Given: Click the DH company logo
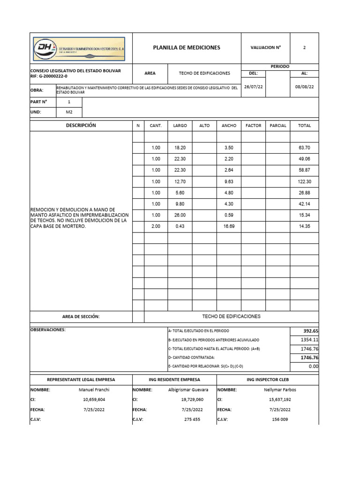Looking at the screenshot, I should pos(79,48).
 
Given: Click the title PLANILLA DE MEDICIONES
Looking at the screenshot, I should pos(187,48).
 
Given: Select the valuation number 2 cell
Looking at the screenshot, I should pos(305,48).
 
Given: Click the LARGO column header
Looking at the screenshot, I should pos(180,126).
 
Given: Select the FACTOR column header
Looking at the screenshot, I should pos(254,126).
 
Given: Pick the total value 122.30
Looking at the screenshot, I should pos(304,181).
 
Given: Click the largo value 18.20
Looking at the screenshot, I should pos(180,148).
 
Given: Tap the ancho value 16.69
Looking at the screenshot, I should pos(229,226).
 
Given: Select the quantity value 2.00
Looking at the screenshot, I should pos(156,226).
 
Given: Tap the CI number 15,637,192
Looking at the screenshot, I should pos(280,400).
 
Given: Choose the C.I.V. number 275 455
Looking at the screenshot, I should pos(192,420).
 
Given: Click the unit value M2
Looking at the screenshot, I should pos(69,112).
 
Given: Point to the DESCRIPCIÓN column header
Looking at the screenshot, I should pos(81,126).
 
